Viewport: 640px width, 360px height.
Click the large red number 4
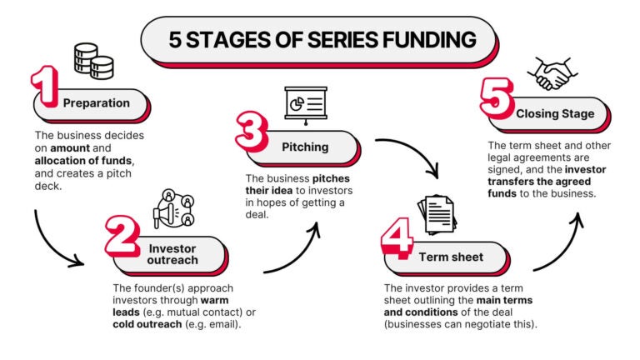click(395, 241)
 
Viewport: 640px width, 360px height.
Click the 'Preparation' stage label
click(96, 103)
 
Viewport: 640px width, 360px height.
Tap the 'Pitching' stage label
click(305, 147)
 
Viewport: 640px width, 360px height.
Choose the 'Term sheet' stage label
click(451, 257)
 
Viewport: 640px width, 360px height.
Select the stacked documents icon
click(436, 215)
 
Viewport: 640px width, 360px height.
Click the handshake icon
click(551, 74)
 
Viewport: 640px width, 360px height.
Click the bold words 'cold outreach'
click(147, 324)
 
